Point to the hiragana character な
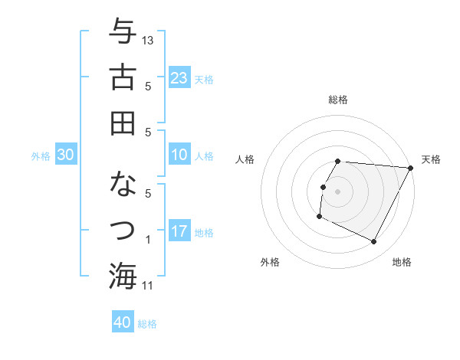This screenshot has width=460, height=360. [123, 185]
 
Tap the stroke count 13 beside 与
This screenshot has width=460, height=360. [149, 40]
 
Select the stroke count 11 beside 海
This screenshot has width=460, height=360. [149, 286]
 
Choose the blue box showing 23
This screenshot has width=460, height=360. [179, 77]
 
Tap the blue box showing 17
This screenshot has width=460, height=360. [179, 231]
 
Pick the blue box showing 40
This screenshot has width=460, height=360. [123, 322]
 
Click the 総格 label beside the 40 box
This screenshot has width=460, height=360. [147, 324]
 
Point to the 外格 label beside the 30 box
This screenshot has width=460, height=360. [41, 156]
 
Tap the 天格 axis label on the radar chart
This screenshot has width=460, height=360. [432, 159]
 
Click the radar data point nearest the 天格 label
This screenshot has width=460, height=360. [410, 169]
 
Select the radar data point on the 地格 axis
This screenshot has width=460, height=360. [374, 242]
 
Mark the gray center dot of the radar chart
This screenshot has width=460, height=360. [337, 191]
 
